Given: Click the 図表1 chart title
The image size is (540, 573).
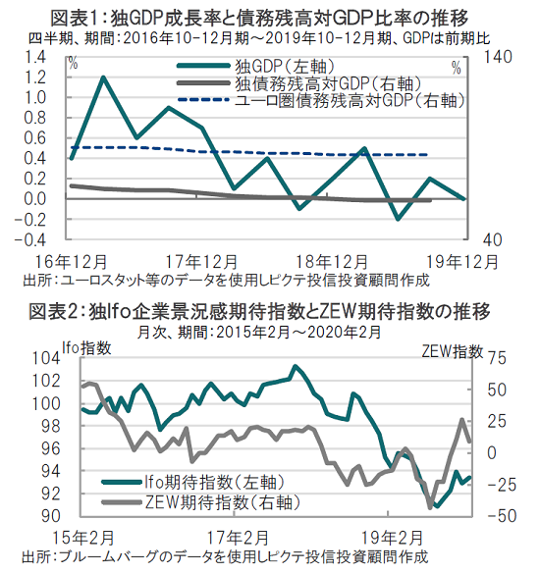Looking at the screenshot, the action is point(259,18).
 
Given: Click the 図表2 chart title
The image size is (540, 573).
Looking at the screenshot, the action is point(259,312).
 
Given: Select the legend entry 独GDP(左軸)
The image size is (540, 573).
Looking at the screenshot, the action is point(256,67).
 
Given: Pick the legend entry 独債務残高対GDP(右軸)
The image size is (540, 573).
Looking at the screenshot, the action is point(299,83).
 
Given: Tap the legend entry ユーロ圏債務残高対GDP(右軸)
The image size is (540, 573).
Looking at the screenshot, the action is point(321,100).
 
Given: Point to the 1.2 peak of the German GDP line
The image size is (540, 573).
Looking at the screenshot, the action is point(103,78).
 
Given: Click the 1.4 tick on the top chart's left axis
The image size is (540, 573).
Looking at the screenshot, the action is point(35,57).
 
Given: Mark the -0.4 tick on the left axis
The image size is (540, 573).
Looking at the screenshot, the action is point(30,239).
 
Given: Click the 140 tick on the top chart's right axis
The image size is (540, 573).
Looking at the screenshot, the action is point(498,57).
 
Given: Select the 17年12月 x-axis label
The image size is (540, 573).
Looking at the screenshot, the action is point(201,262).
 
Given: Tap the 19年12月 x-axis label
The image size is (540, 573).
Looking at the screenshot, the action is point(462,262).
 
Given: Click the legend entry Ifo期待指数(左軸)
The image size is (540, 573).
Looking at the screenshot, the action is point(193,482).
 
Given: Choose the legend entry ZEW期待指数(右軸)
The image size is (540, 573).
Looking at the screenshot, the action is point(201,502).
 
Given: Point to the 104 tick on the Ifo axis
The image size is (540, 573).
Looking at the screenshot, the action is point(46,358).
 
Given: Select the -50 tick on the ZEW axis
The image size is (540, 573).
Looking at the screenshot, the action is point(502,516).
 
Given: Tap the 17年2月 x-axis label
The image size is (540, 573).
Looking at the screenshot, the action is point(238,539).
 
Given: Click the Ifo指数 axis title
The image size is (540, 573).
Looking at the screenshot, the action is point(86,347).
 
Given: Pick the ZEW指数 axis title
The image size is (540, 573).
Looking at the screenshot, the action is point(453,351).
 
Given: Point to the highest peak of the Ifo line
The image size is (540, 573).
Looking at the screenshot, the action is point(295,366).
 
